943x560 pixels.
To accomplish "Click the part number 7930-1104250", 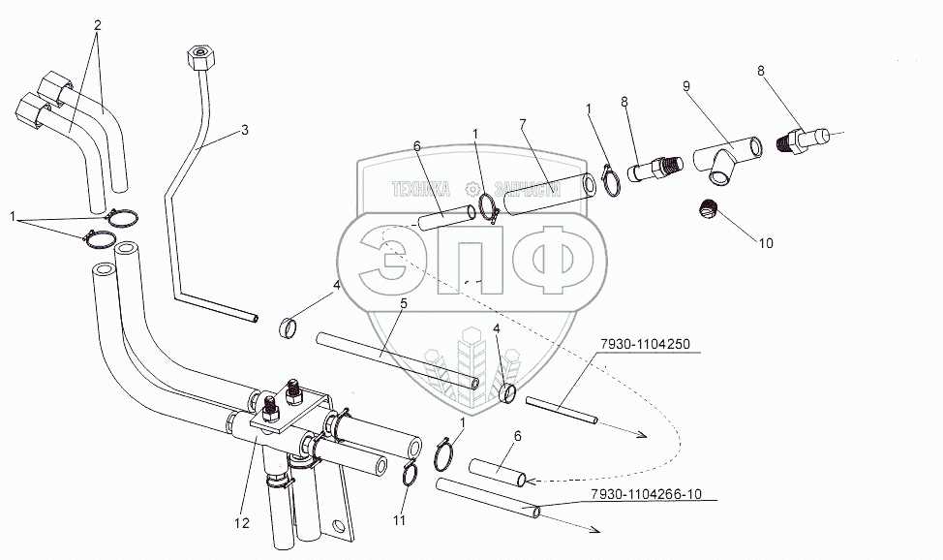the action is pos(644,345).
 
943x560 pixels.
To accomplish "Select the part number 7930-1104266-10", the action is pos(647,494).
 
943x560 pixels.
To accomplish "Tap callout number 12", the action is pos(242,523).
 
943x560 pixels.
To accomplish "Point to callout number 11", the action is pos(400,521).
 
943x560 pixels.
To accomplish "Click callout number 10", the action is pos(766,243).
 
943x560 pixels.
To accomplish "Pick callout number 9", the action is pos(686,86).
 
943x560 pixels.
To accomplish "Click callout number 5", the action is pos(404,303).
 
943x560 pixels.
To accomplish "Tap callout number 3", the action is pos(244,130).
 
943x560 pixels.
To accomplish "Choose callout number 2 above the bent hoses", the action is pos(98,25).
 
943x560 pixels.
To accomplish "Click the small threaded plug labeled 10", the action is pos(710,209).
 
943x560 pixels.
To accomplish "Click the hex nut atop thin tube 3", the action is pos(198,58).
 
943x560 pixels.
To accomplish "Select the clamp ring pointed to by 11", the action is pos(410,474).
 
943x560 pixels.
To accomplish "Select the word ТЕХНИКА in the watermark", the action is pos(421,189).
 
